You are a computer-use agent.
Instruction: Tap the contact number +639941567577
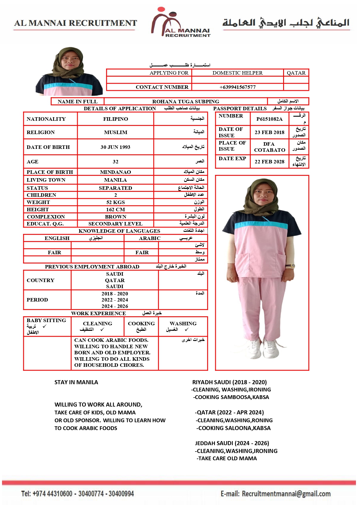pos(237,87)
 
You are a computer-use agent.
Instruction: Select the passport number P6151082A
pos(269,119)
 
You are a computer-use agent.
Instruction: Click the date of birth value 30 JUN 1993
pos(115,147)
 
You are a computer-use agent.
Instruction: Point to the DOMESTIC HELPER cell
pos(237,73)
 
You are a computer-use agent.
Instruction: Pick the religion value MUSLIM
pos(115,132)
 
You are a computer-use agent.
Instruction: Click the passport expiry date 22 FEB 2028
pos(269,162)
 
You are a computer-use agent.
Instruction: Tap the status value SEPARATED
pos(115,188)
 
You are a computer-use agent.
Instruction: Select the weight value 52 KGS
pos(115,202)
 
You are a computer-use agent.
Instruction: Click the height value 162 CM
pos(115,210)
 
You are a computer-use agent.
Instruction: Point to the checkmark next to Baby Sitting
pos(44,326)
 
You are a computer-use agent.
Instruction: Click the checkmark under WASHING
pos(186,330)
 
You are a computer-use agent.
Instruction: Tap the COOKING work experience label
pos(141,324)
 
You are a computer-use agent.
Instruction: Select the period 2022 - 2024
pos(115,300)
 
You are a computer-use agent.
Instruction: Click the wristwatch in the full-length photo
pos(291,266)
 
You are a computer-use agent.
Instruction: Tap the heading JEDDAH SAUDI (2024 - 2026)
pos(232,443)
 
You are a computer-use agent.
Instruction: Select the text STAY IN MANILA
pos(76,382)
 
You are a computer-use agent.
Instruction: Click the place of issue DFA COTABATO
pos(269,147)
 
